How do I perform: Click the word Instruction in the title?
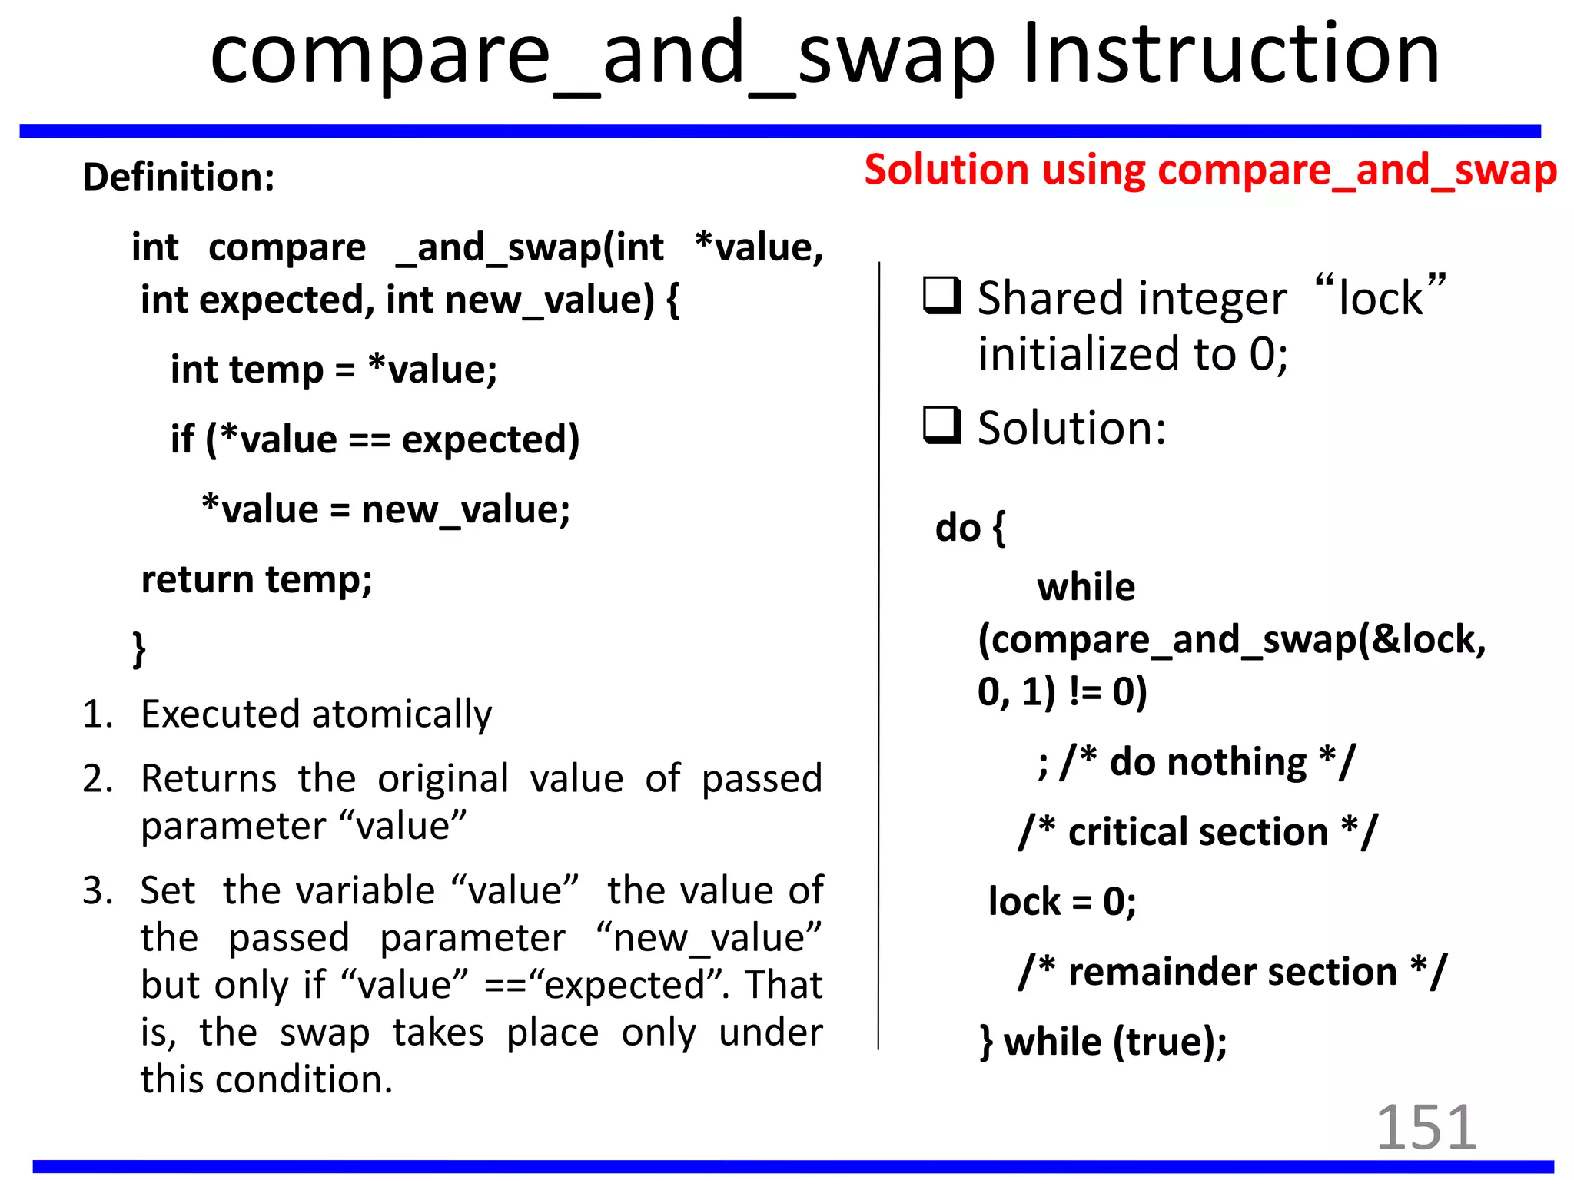[x=1231, y=54]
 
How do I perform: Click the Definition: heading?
[x=178, y=177]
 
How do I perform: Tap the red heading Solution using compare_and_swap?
[x=1210, y=170]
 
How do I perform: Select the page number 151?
[x=1425, y=1127]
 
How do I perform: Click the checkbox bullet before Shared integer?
[x=941, y=296]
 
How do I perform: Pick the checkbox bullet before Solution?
[x=941, y=425]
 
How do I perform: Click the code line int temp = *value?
[x=334, y=370]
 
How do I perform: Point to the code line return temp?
[x=257, y=579]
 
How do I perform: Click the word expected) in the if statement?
[x=490, y=439]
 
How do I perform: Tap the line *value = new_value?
[x=386, y=509]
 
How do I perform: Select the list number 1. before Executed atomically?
[x=97, y=714]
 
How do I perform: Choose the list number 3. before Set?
[x=97, y=891]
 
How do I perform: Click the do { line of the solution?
[x=970, y=529]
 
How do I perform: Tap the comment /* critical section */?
[x=1197, y=832]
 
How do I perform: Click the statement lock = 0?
[x=1062, y=901]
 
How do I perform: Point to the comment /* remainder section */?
[x=1232, y=972]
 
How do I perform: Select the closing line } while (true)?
[x=1104, y=1042]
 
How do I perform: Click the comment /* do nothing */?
[x=1196, y=763]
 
